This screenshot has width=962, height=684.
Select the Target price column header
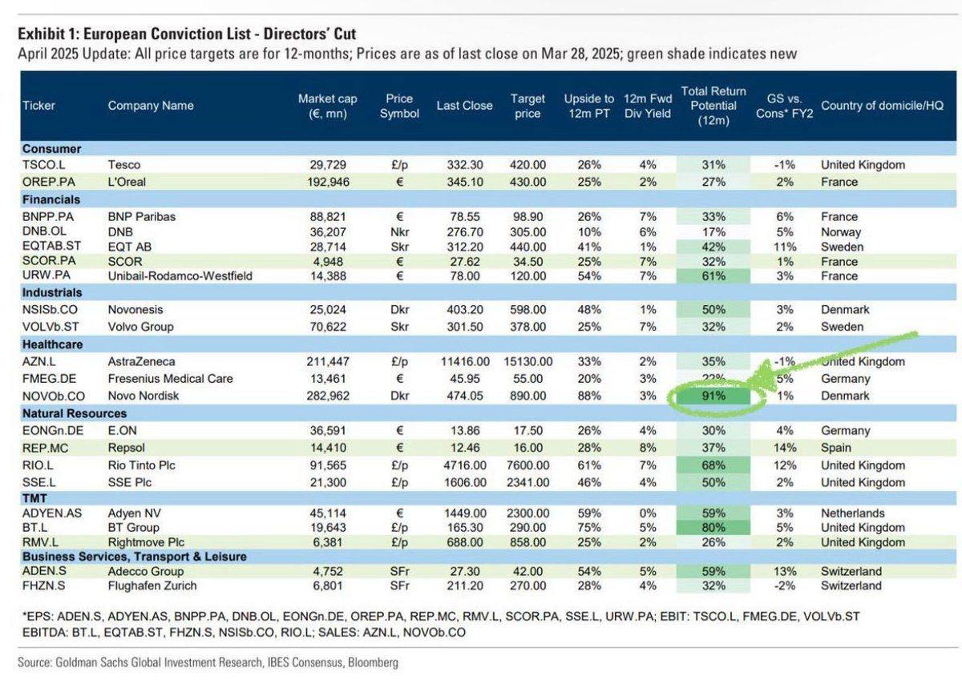[x=528, y=106]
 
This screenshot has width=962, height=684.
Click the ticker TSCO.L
[x=44, y=165]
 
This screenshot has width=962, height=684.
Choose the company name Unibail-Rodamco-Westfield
[x=180, y=276]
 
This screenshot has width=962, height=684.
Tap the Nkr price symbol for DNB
[x=399, y=231]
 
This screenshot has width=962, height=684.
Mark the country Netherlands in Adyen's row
[x=853, y=513]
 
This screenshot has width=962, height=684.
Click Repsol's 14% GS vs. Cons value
[x=786, y=448]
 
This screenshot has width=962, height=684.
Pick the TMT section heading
[x=34, y=497]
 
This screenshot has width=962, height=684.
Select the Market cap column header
[x=327, y=106]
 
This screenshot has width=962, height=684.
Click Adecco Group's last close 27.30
[x=465, y=571]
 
